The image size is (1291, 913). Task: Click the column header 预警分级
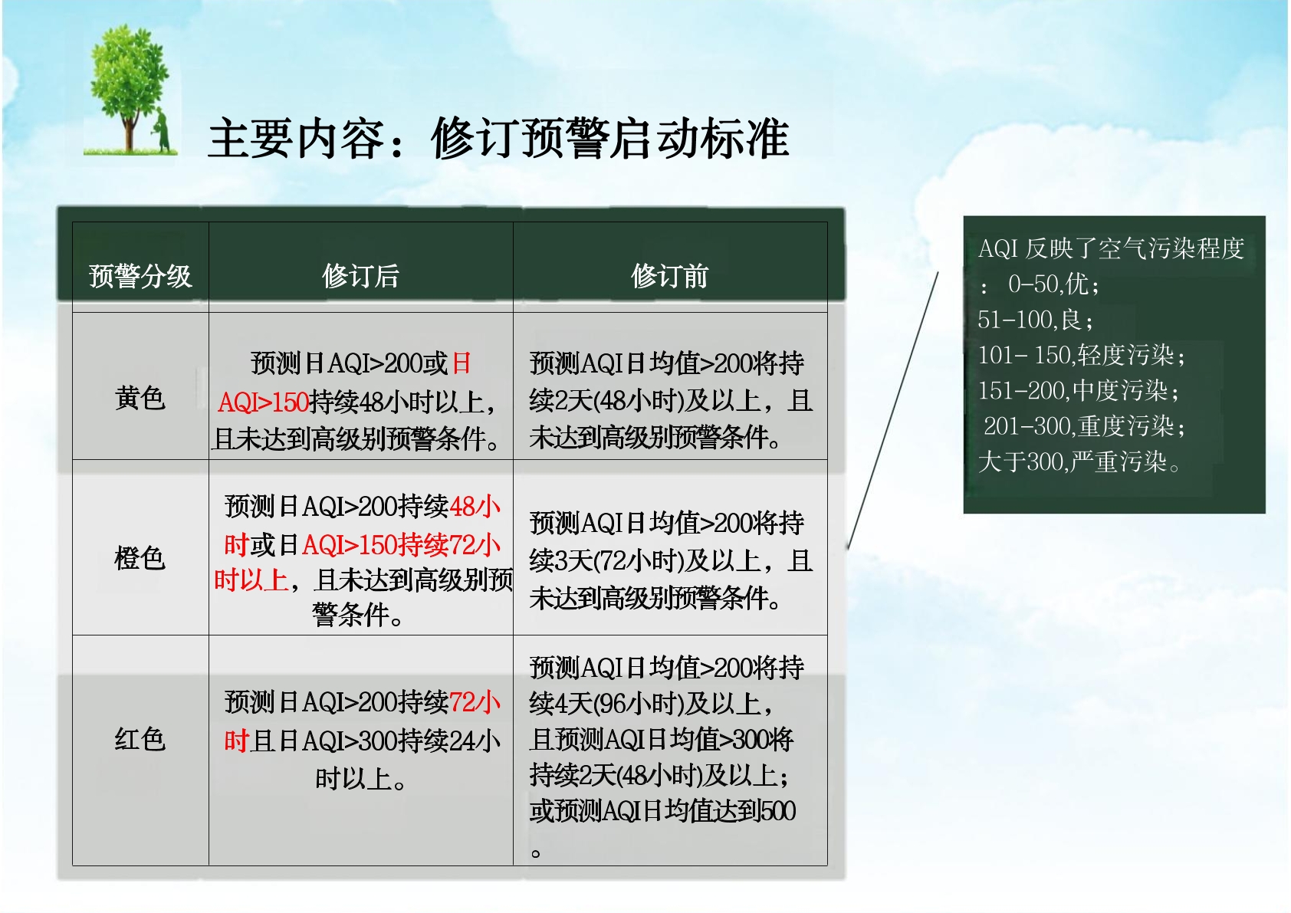(140, 276)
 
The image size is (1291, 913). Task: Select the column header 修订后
(360, 276)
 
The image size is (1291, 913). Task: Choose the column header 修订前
(670, 276)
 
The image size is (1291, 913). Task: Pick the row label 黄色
(140, 399)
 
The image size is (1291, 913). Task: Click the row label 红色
(140, 740)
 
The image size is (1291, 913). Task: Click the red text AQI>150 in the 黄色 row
(264, 402)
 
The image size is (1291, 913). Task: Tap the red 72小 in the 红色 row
(475, 703)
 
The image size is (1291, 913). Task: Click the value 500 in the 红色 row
(778, 811)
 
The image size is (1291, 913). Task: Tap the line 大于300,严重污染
(1079, 462)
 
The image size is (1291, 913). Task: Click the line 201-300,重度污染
(1084, 427)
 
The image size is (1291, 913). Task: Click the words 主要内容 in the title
(296, 139)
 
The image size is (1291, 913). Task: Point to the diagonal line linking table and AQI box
(893, 410)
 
